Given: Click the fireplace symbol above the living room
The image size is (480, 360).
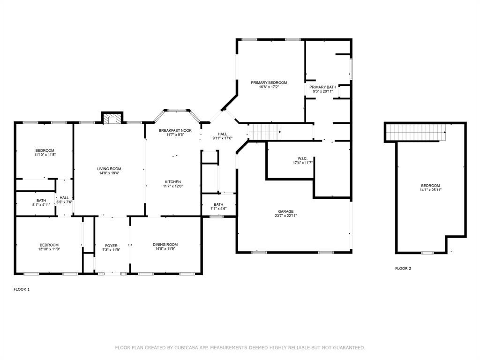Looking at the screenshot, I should point(112,120).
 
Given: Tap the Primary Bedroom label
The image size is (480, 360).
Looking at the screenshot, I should point(269,82).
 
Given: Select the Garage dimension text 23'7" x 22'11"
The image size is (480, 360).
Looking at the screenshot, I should point(285,216).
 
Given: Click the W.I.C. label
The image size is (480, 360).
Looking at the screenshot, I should point(302,158).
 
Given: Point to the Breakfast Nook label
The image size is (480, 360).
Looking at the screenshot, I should point(175,130).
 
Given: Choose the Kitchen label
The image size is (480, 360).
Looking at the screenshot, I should point(172,182).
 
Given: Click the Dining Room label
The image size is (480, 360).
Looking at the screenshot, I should point(165,244).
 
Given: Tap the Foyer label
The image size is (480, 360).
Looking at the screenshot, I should point(111,246).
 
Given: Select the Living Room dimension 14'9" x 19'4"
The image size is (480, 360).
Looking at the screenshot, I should point(109,173).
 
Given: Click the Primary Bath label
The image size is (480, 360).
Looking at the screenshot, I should point(322,87).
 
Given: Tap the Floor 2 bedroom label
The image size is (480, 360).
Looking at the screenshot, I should point(430,186).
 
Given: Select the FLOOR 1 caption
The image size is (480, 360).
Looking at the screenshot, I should point(22,289).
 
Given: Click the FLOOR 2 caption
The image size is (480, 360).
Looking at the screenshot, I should point(403,269).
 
